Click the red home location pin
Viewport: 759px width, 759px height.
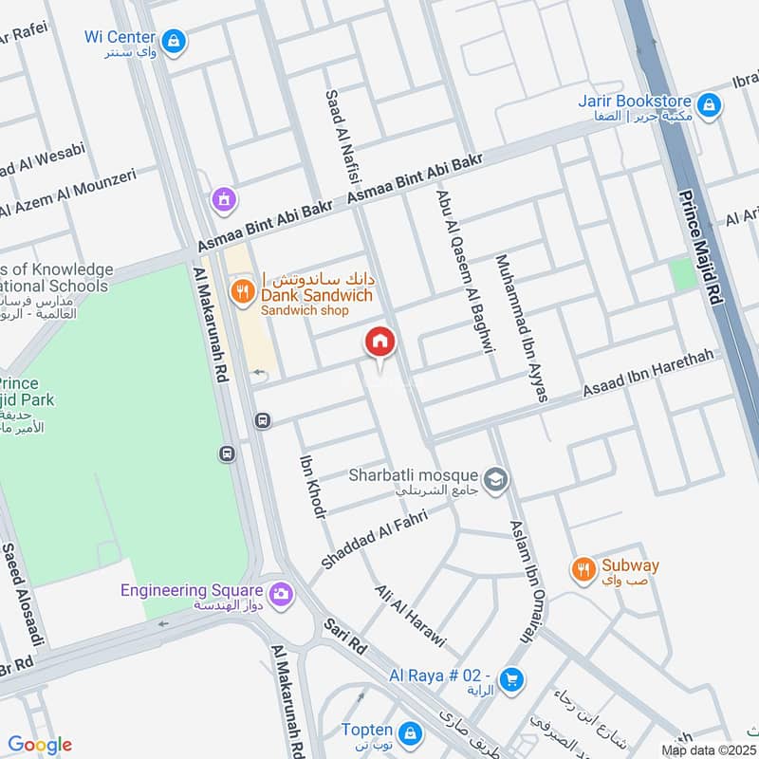379,342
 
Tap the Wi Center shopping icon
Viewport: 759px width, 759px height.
173,40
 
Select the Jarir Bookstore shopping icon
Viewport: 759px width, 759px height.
707,104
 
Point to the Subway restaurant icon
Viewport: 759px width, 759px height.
583,569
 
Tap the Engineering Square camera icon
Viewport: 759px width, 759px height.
280,594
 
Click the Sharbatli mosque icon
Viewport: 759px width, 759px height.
493,480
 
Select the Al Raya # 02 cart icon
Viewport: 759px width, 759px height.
511,679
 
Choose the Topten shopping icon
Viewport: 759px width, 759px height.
411,733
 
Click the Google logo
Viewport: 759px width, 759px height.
39,745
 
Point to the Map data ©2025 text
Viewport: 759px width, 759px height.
708,750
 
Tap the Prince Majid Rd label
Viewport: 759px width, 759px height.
699,247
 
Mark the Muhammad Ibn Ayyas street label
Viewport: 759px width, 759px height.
522,327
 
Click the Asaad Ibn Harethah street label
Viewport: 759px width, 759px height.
647,378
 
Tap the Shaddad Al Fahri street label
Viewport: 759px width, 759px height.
374,539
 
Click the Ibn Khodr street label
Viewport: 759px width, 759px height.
312,486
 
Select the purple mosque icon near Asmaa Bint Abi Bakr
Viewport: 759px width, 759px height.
224,199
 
